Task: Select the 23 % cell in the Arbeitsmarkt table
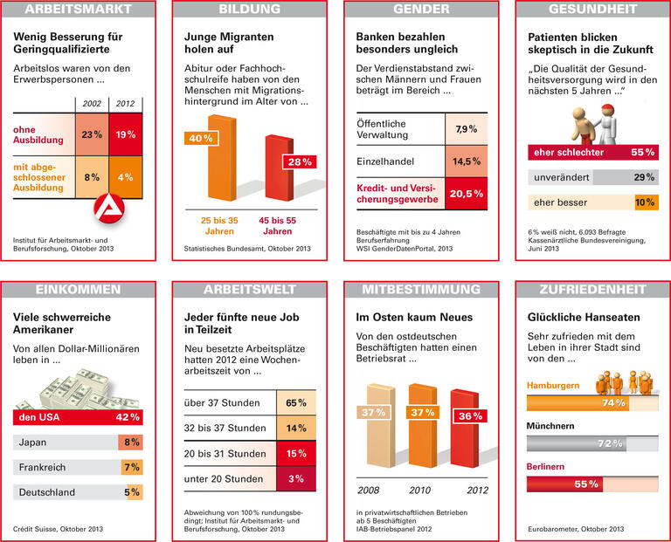coord(92,135)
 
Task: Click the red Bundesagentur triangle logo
coord(110,208)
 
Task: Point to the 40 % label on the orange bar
coord(201,138)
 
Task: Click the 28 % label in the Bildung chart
coord(297,162)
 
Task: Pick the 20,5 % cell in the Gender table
coord(466,194)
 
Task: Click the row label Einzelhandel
coord(391,161)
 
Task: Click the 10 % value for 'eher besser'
coord(645,202)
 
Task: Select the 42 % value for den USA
coord(128,417)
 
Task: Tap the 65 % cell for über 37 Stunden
coord(296,403)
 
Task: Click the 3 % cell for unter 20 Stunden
coord(296,479)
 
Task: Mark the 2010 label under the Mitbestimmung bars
coord(422,491)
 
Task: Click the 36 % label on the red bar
coord(470,416)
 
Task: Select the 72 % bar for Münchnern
coord(592,443)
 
